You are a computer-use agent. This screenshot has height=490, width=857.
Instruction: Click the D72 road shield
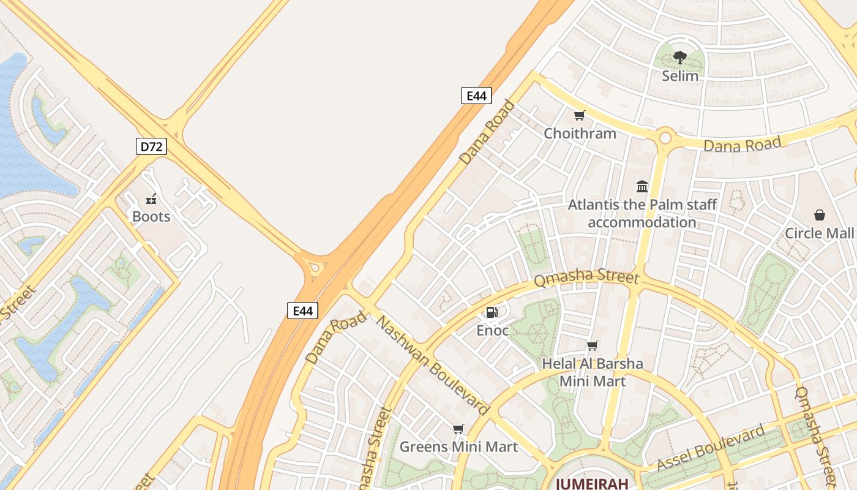[x=151, y=146]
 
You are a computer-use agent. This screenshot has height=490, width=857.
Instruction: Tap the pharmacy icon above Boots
[x=151, y=198]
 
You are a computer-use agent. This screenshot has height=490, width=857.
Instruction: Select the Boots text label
[x=151, y=216]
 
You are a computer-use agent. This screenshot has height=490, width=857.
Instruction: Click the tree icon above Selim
[x=679, y=58]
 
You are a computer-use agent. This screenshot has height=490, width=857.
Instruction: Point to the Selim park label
[x=680, y=76]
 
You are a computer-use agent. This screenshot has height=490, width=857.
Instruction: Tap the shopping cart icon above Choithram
[x=579, y=115]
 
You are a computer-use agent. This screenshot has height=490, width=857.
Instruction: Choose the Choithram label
[x=580, y=133]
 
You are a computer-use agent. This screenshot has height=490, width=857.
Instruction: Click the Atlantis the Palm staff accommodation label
[x=642, y=213]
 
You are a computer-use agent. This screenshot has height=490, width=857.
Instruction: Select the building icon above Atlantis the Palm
[x=642, y=186]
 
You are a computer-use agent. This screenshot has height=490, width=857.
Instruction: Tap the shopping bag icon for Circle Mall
[x=820, y=215]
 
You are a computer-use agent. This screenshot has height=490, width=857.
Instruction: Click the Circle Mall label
[x=819, y=233]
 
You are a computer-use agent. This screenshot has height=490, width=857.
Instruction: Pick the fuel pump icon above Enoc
[x=492, y=312]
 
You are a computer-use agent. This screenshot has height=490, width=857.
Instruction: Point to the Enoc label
[x=493, y=331]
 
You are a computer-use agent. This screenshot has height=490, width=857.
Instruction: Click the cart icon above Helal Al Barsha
[x=592, y=345]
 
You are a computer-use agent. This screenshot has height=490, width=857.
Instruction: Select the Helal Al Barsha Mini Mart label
[x=593, y=372]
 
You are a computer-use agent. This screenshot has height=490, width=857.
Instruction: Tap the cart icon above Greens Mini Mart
[x=458, y=429]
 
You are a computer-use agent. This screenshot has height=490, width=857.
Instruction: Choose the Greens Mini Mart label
[x=458, y=447]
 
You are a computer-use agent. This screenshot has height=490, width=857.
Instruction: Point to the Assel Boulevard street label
[x=711, y=448]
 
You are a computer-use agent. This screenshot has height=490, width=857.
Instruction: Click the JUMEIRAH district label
[x=592, y=484]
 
